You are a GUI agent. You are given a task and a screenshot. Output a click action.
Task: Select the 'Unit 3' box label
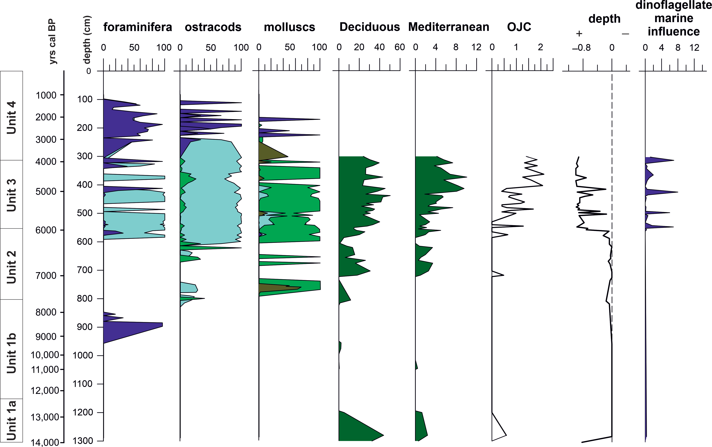(x=11, y=195)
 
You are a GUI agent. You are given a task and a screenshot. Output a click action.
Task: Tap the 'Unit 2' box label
(x=11, y=267)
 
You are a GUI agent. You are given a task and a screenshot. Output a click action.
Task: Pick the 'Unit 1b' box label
(x=11, y=353)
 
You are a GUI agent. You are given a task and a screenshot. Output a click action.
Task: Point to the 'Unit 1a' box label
(x=11, y=420)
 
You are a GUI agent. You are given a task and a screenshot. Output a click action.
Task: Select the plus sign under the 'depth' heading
(x=579, y=34)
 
